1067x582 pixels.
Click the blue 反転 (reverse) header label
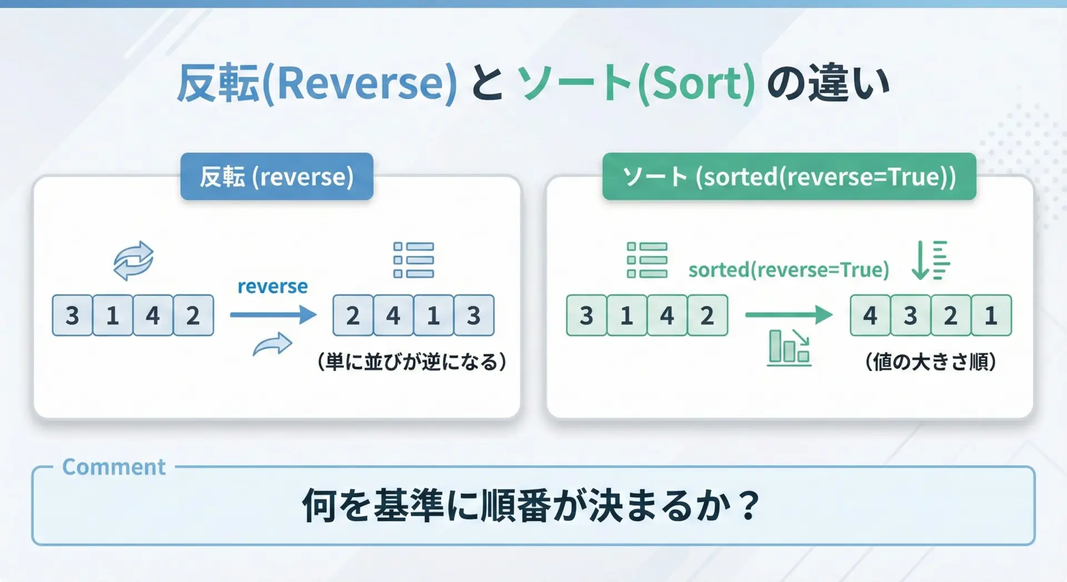tap(277, 176)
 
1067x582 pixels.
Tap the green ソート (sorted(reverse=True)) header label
tap(789, 176)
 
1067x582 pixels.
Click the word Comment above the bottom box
tap(114, 467)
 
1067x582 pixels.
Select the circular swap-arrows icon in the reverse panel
tap(133, 260)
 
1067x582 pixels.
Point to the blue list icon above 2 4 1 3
tap(413, 260)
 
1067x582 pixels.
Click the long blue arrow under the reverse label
tap(273, 315)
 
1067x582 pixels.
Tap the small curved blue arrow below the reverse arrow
tap(272, 344)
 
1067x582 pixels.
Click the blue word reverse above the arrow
tap(272, 286)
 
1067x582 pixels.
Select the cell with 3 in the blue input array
tap(72, 315)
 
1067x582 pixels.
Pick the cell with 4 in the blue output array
tap(393, 315)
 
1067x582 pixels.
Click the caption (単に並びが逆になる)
tap(412, 362)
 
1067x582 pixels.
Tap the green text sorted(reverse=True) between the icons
tap(789, 270)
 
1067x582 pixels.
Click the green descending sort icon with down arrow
tap(931, 260)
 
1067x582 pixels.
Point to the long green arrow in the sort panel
tap(789, 315)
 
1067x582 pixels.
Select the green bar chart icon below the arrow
tap(789, 347)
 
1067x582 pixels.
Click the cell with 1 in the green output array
tap(991, 315)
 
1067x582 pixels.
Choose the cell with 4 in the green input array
tap(667, 315)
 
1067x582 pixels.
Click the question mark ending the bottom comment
tap(750, 505)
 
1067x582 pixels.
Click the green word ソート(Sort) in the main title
tap(636, 83)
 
